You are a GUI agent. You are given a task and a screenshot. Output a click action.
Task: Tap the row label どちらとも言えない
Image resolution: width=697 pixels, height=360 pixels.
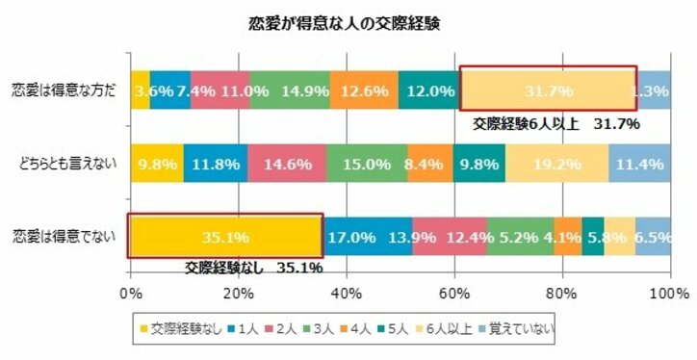point(65,164)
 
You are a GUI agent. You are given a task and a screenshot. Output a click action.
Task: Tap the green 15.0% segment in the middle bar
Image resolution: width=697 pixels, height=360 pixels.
point(366,164)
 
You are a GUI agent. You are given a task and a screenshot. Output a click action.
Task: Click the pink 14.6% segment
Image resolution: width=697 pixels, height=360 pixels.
point(286,164)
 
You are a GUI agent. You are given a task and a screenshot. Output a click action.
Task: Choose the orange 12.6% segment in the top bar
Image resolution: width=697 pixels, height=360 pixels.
point(364,91)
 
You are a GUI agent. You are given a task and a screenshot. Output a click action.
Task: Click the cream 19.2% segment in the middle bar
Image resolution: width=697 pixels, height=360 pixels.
point(556,164)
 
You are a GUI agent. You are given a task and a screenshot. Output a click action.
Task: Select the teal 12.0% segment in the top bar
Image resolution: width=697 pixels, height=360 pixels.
point(429,91)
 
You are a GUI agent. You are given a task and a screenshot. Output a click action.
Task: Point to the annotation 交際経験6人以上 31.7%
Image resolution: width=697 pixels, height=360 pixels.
point(555,124)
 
